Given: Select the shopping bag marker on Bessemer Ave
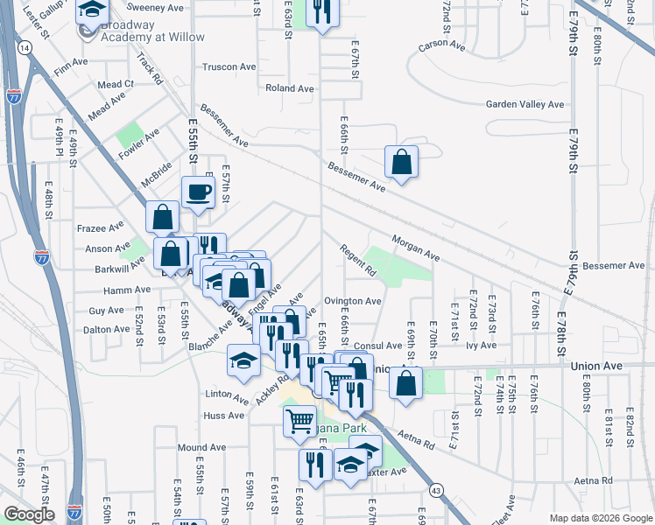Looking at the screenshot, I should tap(400, 162).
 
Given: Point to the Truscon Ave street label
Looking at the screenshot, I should tap(229, 66).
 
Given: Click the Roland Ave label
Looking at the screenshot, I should tap(289, 88).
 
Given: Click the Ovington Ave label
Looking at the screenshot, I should tap(353, 301).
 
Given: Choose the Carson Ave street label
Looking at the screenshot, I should tap(440, 44).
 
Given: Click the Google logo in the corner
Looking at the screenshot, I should tap(29, 514).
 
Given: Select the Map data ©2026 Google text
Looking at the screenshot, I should tap(601, 517).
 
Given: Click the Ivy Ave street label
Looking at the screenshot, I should tap(482, 346).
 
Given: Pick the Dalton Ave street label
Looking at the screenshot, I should tap(106, 330).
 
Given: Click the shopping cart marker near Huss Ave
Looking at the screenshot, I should tap(299, 421).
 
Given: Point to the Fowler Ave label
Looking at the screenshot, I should tap(139, 145).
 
